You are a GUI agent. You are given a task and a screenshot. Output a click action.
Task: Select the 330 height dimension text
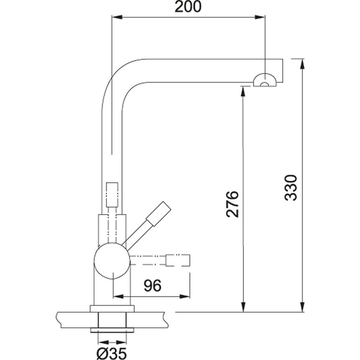coord(291,187)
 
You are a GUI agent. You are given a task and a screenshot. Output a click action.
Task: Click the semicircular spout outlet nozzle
coord(264,80)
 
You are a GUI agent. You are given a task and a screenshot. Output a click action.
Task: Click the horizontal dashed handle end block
coord(178,260)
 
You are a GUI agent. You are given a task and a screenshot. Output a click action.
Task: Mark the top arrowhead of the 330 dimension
coord(303,63)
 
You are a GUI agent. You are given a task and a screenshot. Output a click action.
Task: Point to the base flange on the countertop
coord(112,309)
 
